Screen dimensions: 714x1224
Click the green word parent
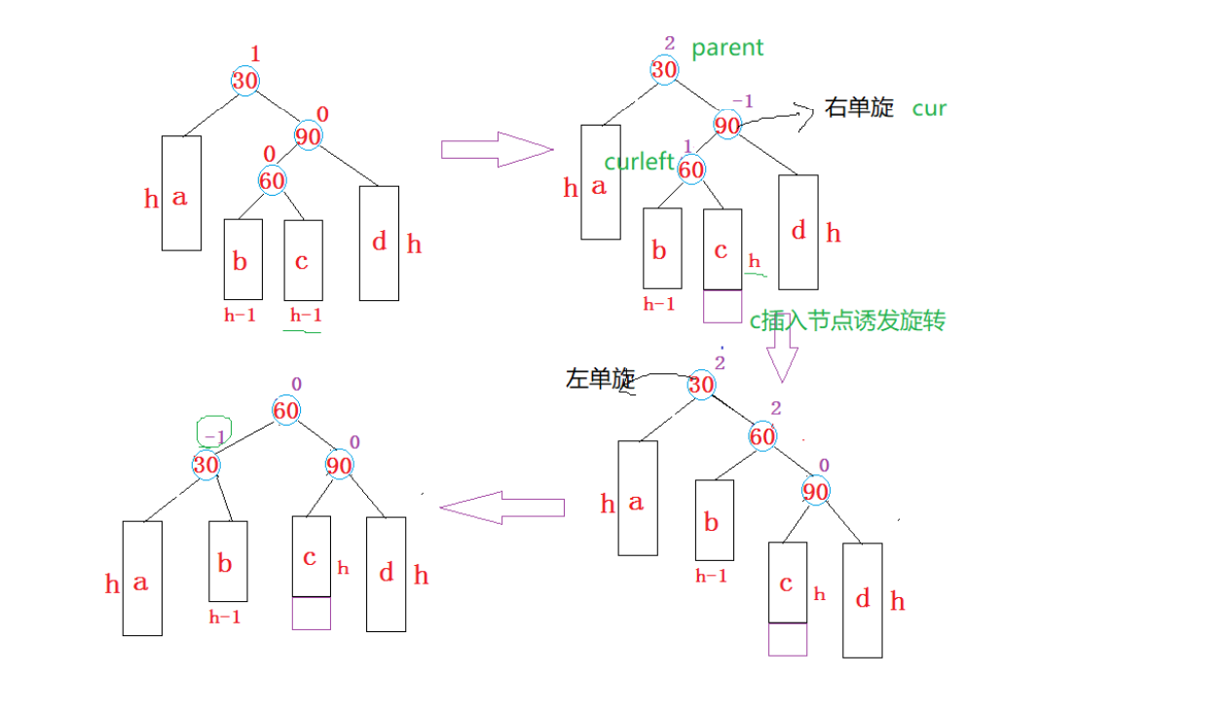click(727, 48)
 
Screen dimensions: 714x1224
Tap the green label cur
click(929, 108)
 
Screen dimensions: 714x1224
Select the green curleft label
click(639, 162)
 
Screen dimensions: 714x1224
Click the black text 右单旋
click(859, 107)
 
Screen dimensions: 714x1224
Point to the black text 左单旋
click(600, 379)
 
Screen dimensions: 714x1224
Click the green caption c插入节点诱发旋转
click(846, 321)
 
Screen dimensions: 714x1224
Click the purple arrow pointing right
click(497, 149)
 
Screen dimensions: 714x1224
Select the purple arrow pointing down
click(781, 352)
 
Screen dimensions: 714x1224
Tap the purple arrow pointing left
click(502, 507)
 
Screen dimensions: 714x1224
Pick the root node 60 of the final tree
click(285, 411)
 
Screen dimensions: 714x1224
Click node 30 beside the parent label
click(664, 69)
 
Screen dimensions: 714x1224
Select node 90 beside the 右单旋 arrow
click(727, 125)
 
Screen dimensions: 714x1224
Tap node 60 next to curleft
click(691, 169)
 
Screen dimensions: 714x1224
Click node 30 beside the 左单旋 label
click(701, 386)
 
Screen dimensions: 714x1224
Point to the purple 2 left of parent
click(670, 43)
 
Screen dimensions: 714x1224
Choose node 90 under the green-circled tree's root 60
click(339, 465)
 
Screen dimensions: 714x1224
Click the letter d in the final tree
click(387, 573)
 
